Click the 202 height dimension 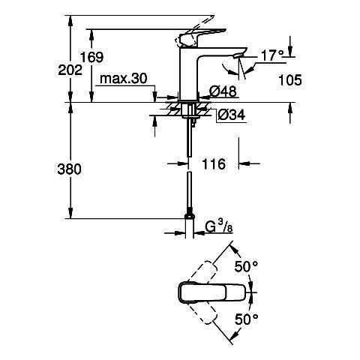pos(70,70)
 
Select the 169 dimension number pos(91,57)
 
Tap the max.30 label pos(124,79)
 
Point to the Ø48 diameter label pos(223,91)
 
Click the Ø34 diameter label pos(232,115)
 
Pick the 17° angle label pos(272,55)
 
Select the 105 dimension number pos(290,80)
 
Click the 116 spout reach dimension pos(214,164)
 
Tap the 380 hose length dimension pos(69,169)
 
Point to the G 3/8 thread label pos(219,227)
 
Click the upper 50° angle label pos(246,266)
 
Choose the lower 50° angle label pos(246,319)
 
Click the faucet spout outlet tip pos(238,56)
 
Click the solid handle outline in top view pos(211,292)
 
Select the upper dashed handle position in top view pos(202,271)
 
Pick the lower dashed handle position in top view pos(202,313)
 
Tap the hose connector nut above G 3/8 pos(190,217)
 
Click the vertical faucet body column pos(188,73)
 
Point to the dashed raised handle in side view pos(194,31)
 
